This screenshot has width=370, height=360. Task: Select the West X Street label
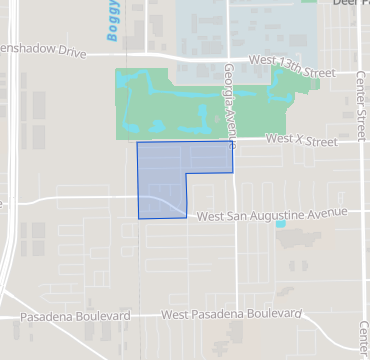301,142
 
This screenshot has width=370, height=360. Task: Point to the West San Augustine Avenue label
272,214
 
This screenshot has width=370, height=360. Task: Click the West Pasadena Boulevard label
231,315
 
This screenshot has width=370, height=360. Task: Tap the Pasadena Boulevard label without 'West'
76,316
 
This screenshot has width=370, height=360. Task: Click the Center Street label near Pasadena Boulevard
362,340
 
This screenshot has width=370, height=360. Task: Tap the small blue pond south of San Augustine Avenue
280,224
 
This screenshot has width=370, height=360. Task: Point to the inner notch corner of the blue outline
187,173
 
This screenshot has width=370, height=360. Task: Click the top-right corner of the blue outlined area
232,142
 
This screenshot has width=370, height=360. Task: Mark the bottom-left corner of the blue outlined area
138,217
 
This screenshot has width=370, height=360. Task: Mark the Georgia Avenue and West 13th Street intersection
229,58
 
